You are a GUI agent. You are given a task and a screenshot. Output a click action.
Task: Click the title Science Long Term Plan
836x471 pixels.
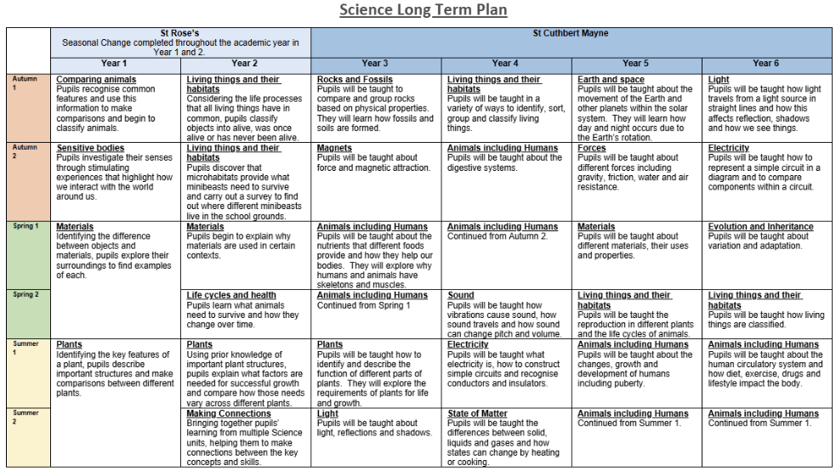coord(423,10)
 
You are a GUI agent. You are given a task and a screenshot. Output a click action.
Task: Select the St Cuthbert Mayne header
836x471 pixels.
coord(571,34)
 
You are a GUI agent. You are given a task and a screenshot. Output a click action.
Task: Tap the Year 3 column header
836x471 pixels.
coord(375,63)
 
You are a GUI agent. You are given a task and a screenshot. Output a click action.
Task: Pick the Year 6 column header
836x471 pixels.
coord(766,63)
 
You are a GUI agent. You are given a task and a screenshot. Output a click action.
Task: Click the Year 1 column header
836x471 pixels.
coord(114,63)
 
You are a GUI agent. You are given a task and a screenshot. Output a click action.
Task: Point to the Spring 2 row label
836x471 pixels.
coord(26,294)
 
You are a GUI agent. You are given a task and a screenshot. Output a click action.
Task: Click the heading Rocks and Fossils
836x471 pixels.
coord(355,80)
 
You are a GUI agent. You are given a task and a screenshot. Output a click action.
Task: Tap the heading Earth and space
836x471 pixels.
coord(611,80)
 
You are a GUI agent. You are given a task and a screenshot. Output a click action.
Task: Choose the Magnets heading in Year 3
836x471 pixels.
coord(334,148)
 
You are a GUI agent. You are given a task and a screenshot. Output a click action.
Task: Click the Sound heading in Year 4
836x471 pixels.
coord(461,295)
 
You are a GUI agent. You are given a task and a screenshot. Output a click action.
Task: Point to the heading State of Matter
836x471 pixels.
coord(477,414)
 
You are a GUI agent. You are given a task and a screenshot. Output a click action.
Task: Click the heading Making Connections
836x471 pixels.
coord(228,414)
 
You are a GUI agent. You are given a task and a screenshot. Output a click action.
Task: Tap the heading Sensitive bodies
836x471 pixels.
coord(90,148)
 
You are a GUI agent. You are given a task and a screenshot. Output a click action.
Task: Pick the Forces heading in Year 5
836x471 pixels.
coord(592,148)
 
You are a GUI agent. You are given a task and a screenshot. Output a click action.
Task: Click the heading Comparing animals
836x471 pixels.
coord(96,80)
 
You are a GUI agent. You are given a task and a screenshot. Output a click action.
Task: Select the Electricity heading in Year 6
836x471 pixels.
coord(729,148)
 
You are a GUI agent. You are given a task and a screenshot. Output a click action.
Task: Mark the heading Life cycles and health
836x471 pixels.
coord(231,295)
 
